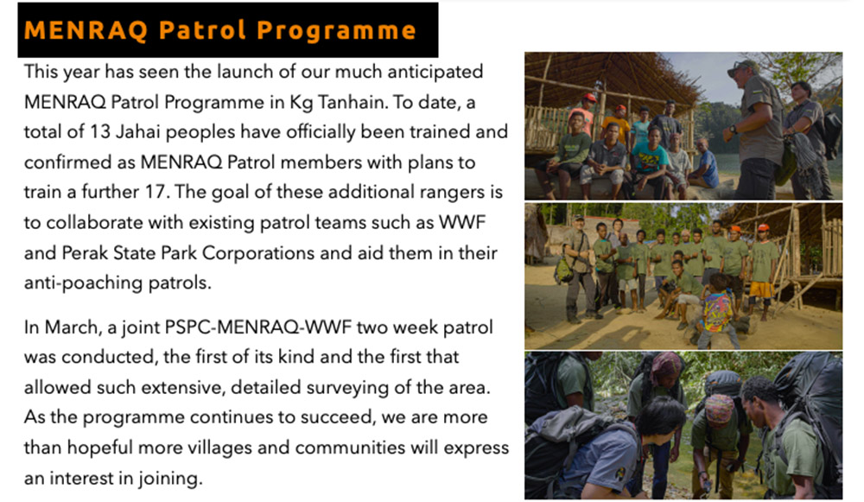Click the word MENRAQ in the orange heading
pyautogui.click(x=86, y=30)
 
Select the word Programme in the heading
pyautogui.click(x=336, y=31)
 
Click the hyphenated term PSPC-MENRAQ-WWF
pyautogui.click(x=257, y=327)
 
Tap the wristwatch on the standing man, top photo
pyautogui.click(x=734, y=130)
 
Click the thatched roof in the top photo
pyautogui.click(x=600, y=74)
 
